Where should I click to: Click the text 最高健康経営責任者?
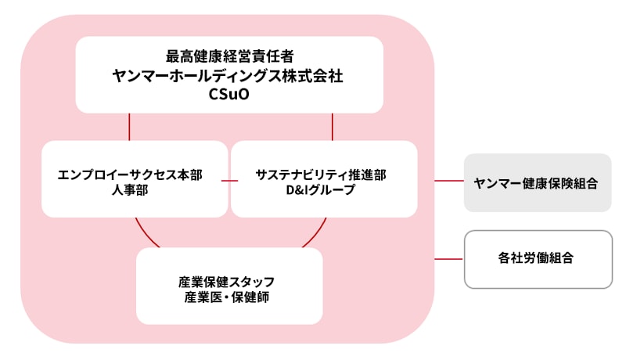point(229,56)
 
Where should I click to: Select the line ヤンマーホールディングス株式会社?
point(229,76)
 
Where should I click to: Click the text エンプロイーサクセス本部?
point(130,175)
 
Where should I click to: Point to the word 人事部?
point(130,190)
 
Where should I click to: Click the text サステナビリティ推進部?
point(321,175)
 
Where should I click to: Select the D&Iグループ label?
point(321,190)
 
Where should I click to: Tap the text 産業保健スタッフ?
point(229,281)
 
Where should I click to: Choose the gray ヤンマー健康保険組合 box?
point(537,182)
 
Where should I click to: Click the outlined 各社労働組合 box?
point(537,258)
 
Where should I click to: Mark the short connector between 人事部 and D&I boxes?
point(229,182)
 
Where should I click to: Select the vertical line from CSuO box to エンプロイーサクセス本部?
point(129,127)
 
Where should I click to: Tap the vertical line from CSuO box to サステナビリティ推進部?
point(333,127)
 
